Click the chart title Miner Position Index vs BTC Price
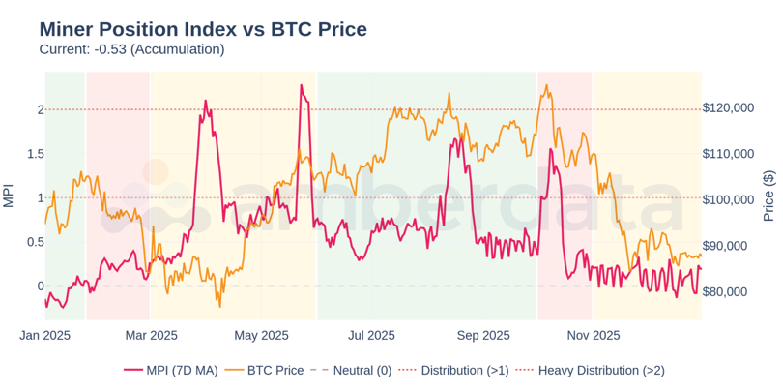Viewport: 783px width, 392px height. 203,29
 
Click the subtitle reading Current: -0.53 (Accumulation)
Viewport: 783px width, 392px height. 131,49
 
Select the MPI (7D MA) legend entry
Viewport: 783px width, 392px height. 171,370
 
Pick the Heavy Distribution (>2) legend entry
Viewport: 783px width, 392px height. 589,370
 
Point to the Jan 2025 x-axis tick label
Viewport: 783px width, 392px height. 45,336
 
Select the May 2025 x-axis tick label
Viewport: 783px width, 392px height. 262,336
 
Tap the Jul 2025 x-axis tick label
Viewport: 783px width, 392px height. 371,336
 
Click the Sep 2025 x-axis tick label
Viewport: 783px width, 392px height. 482,336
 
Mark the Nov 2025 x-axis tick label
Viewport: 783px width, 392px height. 593,336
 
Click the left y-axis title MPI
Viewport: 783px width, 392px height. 9,196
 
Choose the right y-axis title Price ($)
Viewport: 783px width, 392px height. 769,196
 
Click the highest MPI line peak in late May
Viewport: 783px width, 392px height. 302,85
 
